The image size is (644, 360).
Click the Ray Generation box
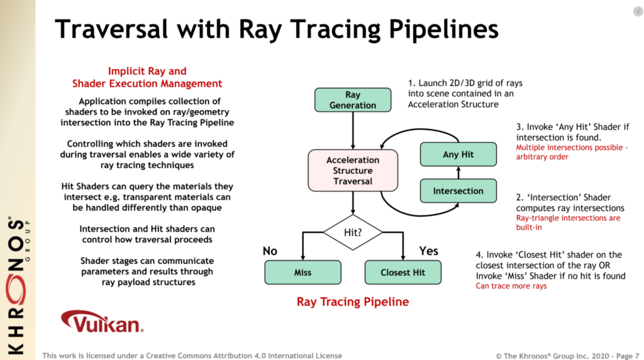(353, 100)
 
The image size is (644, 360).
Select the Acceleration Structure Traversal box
(353, 171)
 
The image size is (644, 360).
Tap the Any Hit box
(458, 155)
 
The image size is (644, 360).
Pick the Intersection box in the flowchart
(458, 191)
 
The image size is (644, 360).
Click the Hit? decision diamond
(353, 233)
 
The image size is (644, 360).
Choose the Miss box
(303, 273)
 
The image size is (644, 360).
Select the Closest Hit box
(403, 273)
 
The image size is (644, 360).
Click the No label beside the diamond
(270, 251)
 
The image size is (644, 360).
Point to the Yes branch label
(428, 251)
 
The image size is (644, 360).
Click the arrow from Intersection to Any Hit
(458, 172)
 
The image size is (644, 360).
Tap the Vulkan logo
(103, 322)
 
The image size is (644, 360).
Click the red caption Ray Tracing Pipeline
(353, 302)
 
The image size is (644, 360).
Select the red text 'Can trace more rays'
(511, 286)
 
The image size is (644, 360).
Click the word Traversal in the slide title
(111, 29)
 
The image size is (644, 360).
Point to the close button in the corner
(638, 11)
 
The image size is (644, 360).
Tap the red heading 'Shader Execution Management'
(147, 84)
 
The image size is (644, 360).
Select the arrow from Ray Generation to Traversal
(353, 131)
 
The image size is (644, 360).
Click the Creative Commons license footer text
(192, 356)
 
